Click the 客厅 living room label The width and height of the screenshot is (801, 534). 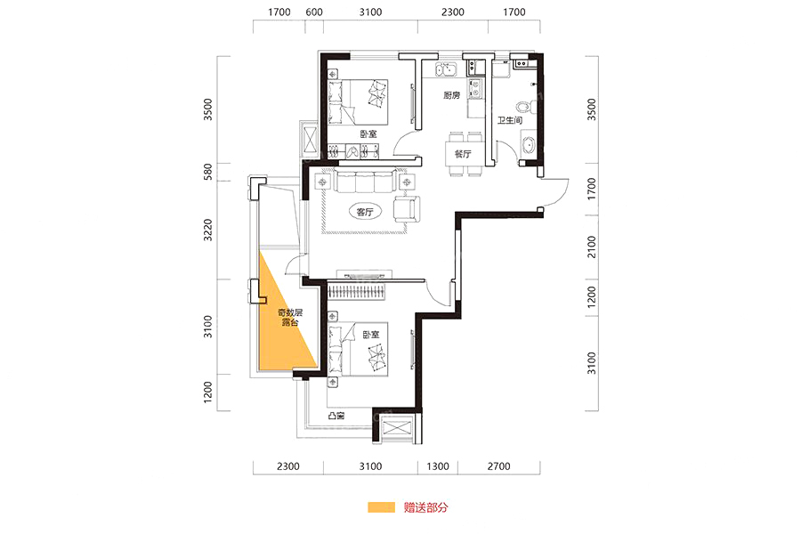click(365, 212)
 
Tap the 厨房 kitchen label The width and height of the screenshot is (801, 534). click(451, 95)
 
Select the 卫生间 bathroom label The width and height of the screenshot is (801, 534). click(510, 121)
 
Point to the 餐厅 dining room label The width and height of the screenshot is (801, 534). click(462, 154)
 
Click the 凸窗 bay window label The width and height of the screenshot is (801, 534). click(336, 416)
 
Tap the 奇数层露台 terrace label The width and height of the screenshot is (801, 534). click(290, 318)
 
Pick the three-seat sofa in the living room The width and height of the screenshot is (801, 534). click(364, 182)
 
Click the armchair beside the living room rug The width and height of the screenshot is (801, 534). click(407, 209)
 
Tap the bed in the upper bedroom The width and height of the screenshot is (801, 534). click(357, 101)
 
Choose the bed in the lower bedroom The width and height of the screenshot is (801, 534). click(358, 349)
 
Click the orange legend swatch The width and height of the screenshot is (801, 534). click(381, 507)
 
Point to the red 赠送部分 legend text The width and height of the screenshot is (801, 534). click(425, 507)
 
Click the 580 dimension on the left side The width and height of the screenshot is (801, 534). click(207, 172)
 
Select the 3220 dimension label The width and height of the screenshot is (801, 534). click(207, 230)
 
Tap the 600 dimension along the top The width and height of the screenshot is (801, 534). click(313, 12)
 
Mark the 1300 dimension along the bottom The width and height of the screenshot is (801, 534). click(438, 466)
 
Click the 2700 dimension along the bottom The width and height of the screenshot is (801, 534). click(498, 466)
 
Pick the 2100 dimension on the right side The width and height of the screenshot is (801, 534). click(592, 247)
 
